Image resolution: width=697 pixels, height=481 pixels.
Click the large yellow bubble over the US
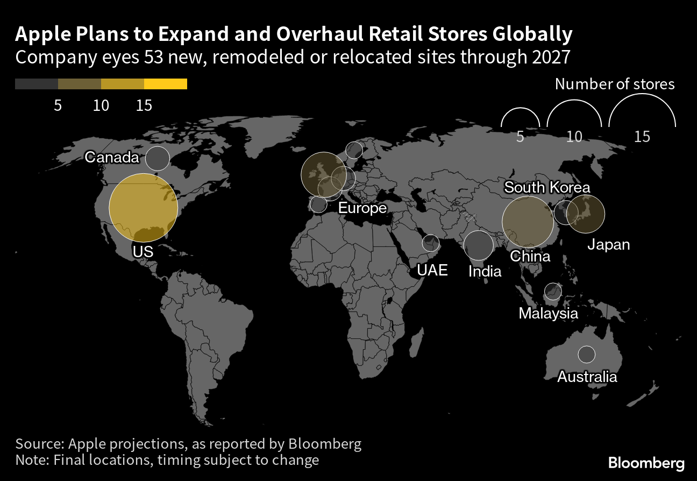pyautogui.click(x=143, y=208)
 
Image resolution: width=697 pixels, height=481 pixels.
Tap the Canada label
pyautogui.click(x=112, y=158)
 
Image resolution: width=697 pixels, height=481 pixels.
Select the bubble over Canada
pyautogui.click(x=158, y=159)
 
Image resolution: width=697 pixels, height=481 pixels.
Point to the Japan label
pyautogui.click(x=608, y=245)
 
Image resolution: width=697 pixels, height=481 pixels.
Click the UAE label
pyautogui.click(x=432, y=270)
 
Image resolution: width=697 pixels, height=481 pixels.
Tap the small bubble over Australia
pyautogui.click(x=587, y=355)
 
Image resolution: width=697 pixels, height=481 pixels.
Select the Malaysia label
pyautogui.click(x=548, y=313)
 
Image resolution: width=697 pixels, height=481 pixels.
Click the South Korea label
pyautogui.click(x=547, y=187)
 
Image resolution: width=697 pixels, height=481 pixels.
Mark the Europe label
pyautogui.click(x=362, y=208)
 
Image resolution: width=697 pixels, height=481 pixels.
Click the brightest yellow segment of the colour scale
pyautogui.click(x=166, y=84)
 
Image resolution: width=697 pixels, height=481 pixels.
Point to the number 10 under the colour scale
pyautogui.click(x=101, y=105)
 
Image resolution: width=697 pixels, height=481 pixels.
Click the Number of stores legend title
pyautogui.click(x=614, y=84)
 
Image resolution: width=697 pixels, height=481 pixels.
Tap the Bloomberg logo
pyautogui.click(x=646, y=463)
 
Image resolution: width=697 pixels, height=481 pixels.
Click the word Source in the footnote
pyautogui.click(x=39, y=444)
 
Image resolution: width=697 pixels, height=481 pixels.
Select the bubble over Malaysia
pyautogui.click(x=552, y=291)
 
